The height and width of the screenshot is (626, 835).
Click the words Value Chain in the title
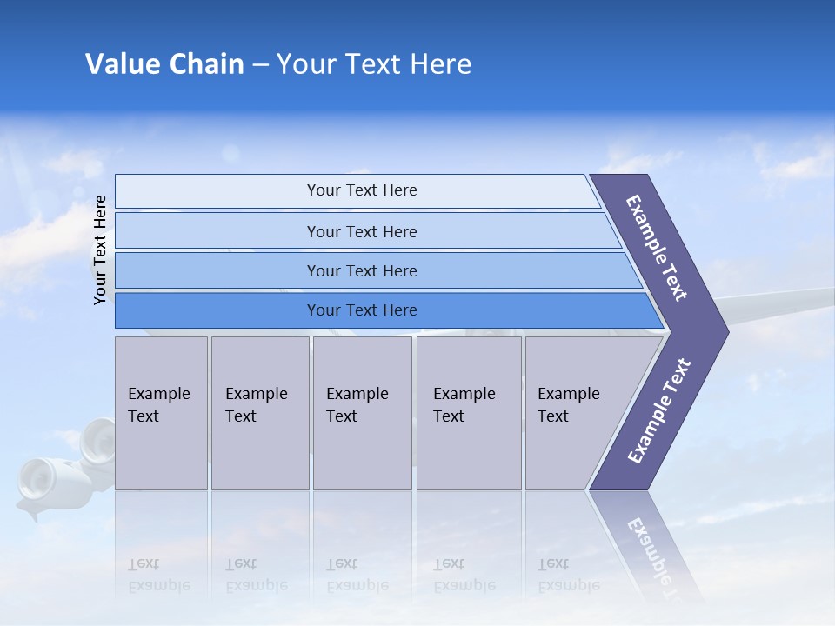[164, 64]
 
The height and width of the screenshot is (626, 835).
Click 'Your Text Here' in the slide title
[374, 64]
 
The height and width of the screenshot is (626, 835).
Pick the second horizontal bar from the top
[361, 231]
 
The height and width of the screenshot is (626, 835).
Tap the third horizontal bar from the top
[361, 270]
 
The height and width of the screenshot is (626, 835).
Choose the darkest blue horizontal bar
[361, 310]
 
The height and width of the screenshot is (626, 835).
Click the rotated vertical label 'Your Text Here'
[100, 250]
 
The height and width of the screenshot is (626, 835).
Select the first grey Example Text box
[161, 413]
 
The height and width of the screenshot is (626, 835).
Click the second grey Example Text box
[259, 413]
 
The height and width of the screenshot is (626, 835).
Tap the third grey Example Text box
[362, 413]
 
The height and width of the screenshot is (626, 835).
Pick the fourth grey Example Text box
[468, 413]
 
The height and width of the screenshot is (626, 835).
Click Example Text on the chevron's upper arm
[657, 248]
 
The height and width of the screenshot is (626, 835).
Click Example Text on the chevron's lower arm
[659, 410]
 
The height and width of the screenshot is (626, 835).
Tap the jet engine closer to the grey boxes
[97, 442]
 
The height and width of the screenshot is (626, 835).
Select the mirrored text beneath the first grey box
[158, 575]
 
